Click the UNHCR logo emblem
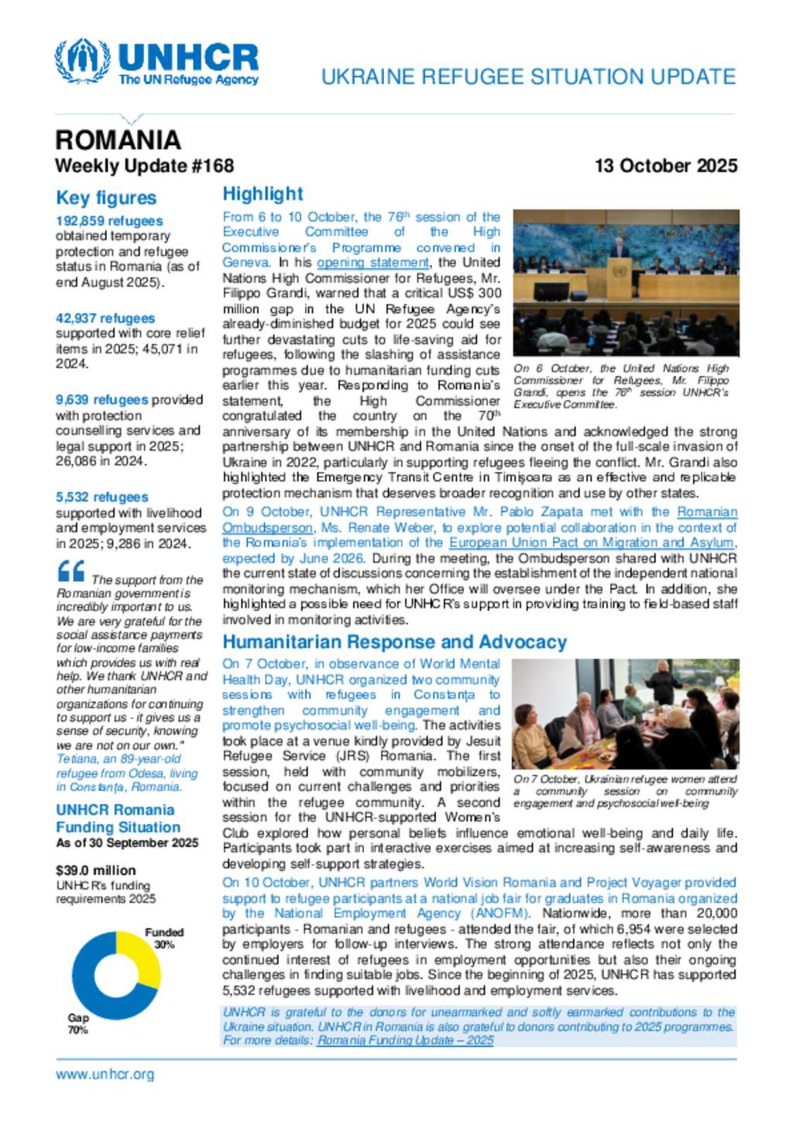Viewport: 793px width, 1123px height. [82, 60]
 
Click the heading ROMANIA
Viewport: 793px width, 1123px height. [118, 140]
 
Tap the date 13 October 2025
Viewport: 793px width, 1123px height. [665, 166]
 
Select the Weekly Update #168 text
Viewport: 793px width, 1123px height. [144, 166]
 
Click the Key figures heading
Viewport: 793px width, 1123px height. [106, 198]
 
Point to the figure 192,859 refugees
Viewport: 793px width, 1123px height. [109, 221]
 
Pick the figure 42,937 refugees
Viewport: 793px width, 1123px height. [105, 318]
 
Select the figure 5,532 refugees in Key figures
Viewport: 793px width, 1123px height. [102, 497]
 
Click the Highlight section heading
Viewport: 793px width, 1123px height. [263, 194]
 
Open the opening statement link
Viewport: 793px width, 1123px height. [372, 263]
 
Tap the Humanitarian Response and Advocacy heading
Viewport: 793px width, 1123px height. [394, 642]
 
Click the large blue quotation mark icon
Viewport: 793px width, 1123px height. [71, 571]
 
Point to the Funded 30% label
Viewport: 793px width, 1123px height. [164, 938]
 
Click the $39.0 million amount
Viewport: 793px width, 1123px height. [96, 870]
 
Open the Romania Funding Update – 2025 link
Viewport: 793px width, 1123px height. [405, 1040]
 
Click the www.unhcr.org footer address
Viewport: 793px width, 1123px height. [105, 1074]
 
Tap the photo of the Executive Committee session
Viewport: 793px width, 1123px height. [626, 282]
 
